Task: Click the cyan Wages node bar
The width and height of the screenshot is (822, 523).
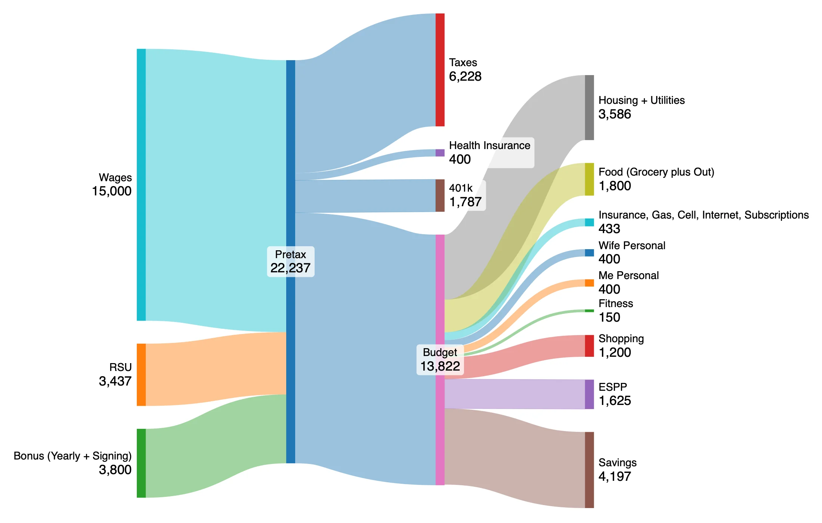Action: [x=141, y=185]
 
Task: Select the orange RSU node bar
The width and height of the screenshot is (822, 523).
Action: [x=141, y=374]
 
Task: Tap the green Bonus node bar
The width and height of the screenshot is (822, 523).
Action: [x=141, y=463]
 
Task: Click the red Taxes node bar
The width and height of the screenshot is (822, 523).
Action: [x=440, y=70]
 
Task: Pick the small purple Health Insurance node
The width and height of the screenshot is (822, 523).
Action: [x=440, y=153]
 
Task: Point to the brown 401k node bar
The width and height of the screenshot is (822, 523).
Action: [x=440, y=195]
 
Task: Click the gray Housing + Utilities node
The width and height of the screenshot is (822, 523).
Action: [x=589, y=108]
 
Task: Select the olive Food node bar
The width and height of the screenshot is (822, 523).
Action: [x=589, y=179]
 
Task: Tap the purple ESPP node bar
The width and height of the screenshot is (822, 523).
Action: [x=589, y=394]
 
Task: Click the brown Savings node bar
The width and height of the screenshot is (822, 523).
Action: [x=589, y=470]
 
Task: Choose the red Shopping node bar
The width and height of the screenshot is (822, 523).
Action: [x=589, y=346]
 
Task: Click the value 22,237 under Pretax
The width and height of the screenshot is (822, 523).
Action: [x=290, y=268]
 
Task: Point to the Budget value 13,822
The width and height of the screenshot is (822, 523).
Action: [x=440, y=366]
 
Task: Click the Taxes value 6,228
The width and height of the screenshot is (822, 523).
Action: [x=465, y=77]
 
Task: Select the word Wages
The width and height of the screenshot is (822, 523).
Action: [x=115, y=177]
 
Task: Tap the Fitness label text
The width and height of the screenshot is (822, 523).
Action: [x=615, y=303]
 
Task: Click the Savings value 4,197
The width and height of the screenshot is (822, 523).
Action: [x=614, y=476]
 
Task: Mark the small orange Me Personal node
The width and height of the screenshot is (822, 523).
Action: [x=589, y=283]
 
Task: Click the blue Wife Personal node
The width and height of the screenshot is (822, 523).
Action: [x=589, y=253]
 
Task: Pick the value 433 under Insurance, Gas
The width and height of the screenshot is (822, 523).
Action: [x=609, y=229]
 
